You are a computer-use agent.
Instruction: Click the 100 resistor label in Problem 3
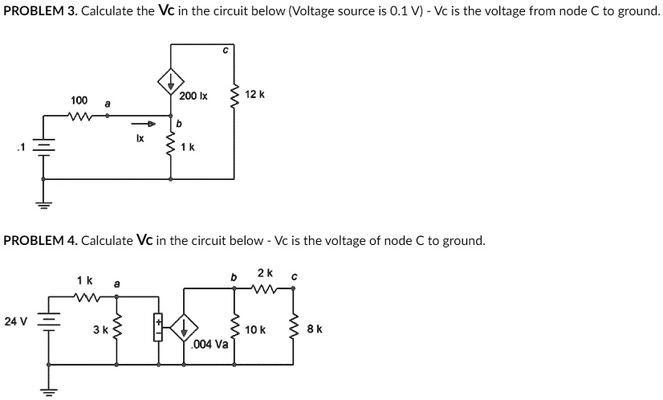pyautogui.click(x=79, y=100)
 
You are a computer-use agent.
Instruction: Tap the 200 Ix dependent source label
pyautogui.click(x=193, y=96)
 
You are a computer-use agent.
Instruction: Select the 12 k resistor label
pyautogui.click(x=255, y=95)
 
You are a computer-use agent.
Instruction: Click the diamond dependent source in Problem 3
pyautogui.click(x=170, y=80)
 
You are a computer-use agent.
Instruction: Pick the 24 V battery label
pyautogui.click(x=15, y=321)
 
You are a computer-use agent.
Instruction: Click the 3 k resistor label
pyautogui.click(x=100, y=330)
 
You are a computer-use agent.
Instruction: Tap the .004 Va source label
pyautogui.click(x=211, y=344)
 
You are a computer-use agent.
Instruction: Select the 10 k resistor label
pyautogui.click(x=256, y=330)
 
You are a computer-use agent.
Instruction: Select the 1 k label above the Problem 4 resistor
pyautogui.click(x=83, y=281)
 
